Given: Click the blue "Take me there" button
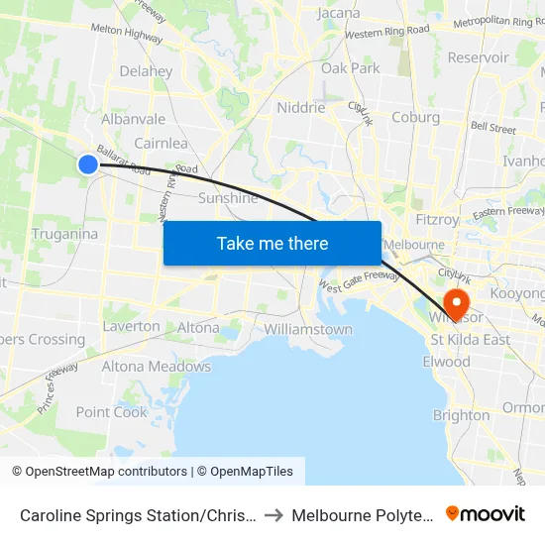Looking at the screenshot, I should click(x=272, y=243).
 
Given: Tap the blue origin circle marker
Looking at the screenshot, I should click(x=88, y=164).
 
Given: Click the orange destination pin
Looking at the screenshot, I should click(x=458, y=302).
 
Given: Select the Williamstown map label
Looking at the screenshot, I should click(x=308, y=329).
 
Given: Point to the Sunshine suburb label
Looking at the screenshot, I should click(x=228, y=198).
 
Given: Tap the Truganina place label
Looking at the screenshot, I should click(x=63, y=234).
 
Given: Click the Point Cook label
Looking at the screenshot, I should click(x=112, y=412).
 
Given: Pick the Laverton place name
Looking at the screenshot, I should click(x=131, y=326).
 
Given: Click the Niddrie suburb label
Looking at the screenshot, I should click(x=300, y=108).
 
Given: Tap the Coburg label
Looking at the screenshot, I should click(x=415, y=117).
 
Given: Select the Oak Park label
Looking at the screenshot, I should click(x=351, y=68).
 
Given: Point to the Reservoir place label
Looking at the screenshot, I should click(x=478, y=57).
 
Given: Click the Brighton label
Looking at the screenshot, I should click(x=461, y=415).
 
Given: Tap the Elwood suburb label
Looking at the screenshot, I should click(x=446, y=362).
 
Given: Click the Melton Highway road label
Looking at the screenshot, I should click(x=127, y=34).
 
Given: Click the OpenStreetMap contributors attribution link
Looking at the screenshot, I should click(x=105, y=472).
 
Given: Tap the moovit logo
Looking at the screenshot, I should click(x=486, y=513).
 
